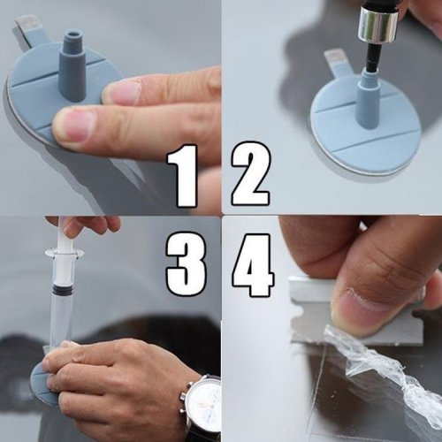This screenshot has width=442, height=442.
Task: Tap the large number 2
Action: (250, 174)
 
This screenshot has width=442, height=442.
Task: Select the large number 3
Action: (186, 263)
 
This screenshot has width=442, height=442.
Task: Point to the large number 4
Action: (253, 264)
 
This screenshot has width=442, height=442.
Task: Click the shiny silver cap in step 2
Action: (378, 24)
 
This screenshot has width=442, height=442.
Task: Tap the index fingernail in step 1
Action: (73, 124)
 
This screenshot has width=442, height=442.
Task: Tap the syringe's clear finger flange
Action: (65, 253)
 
